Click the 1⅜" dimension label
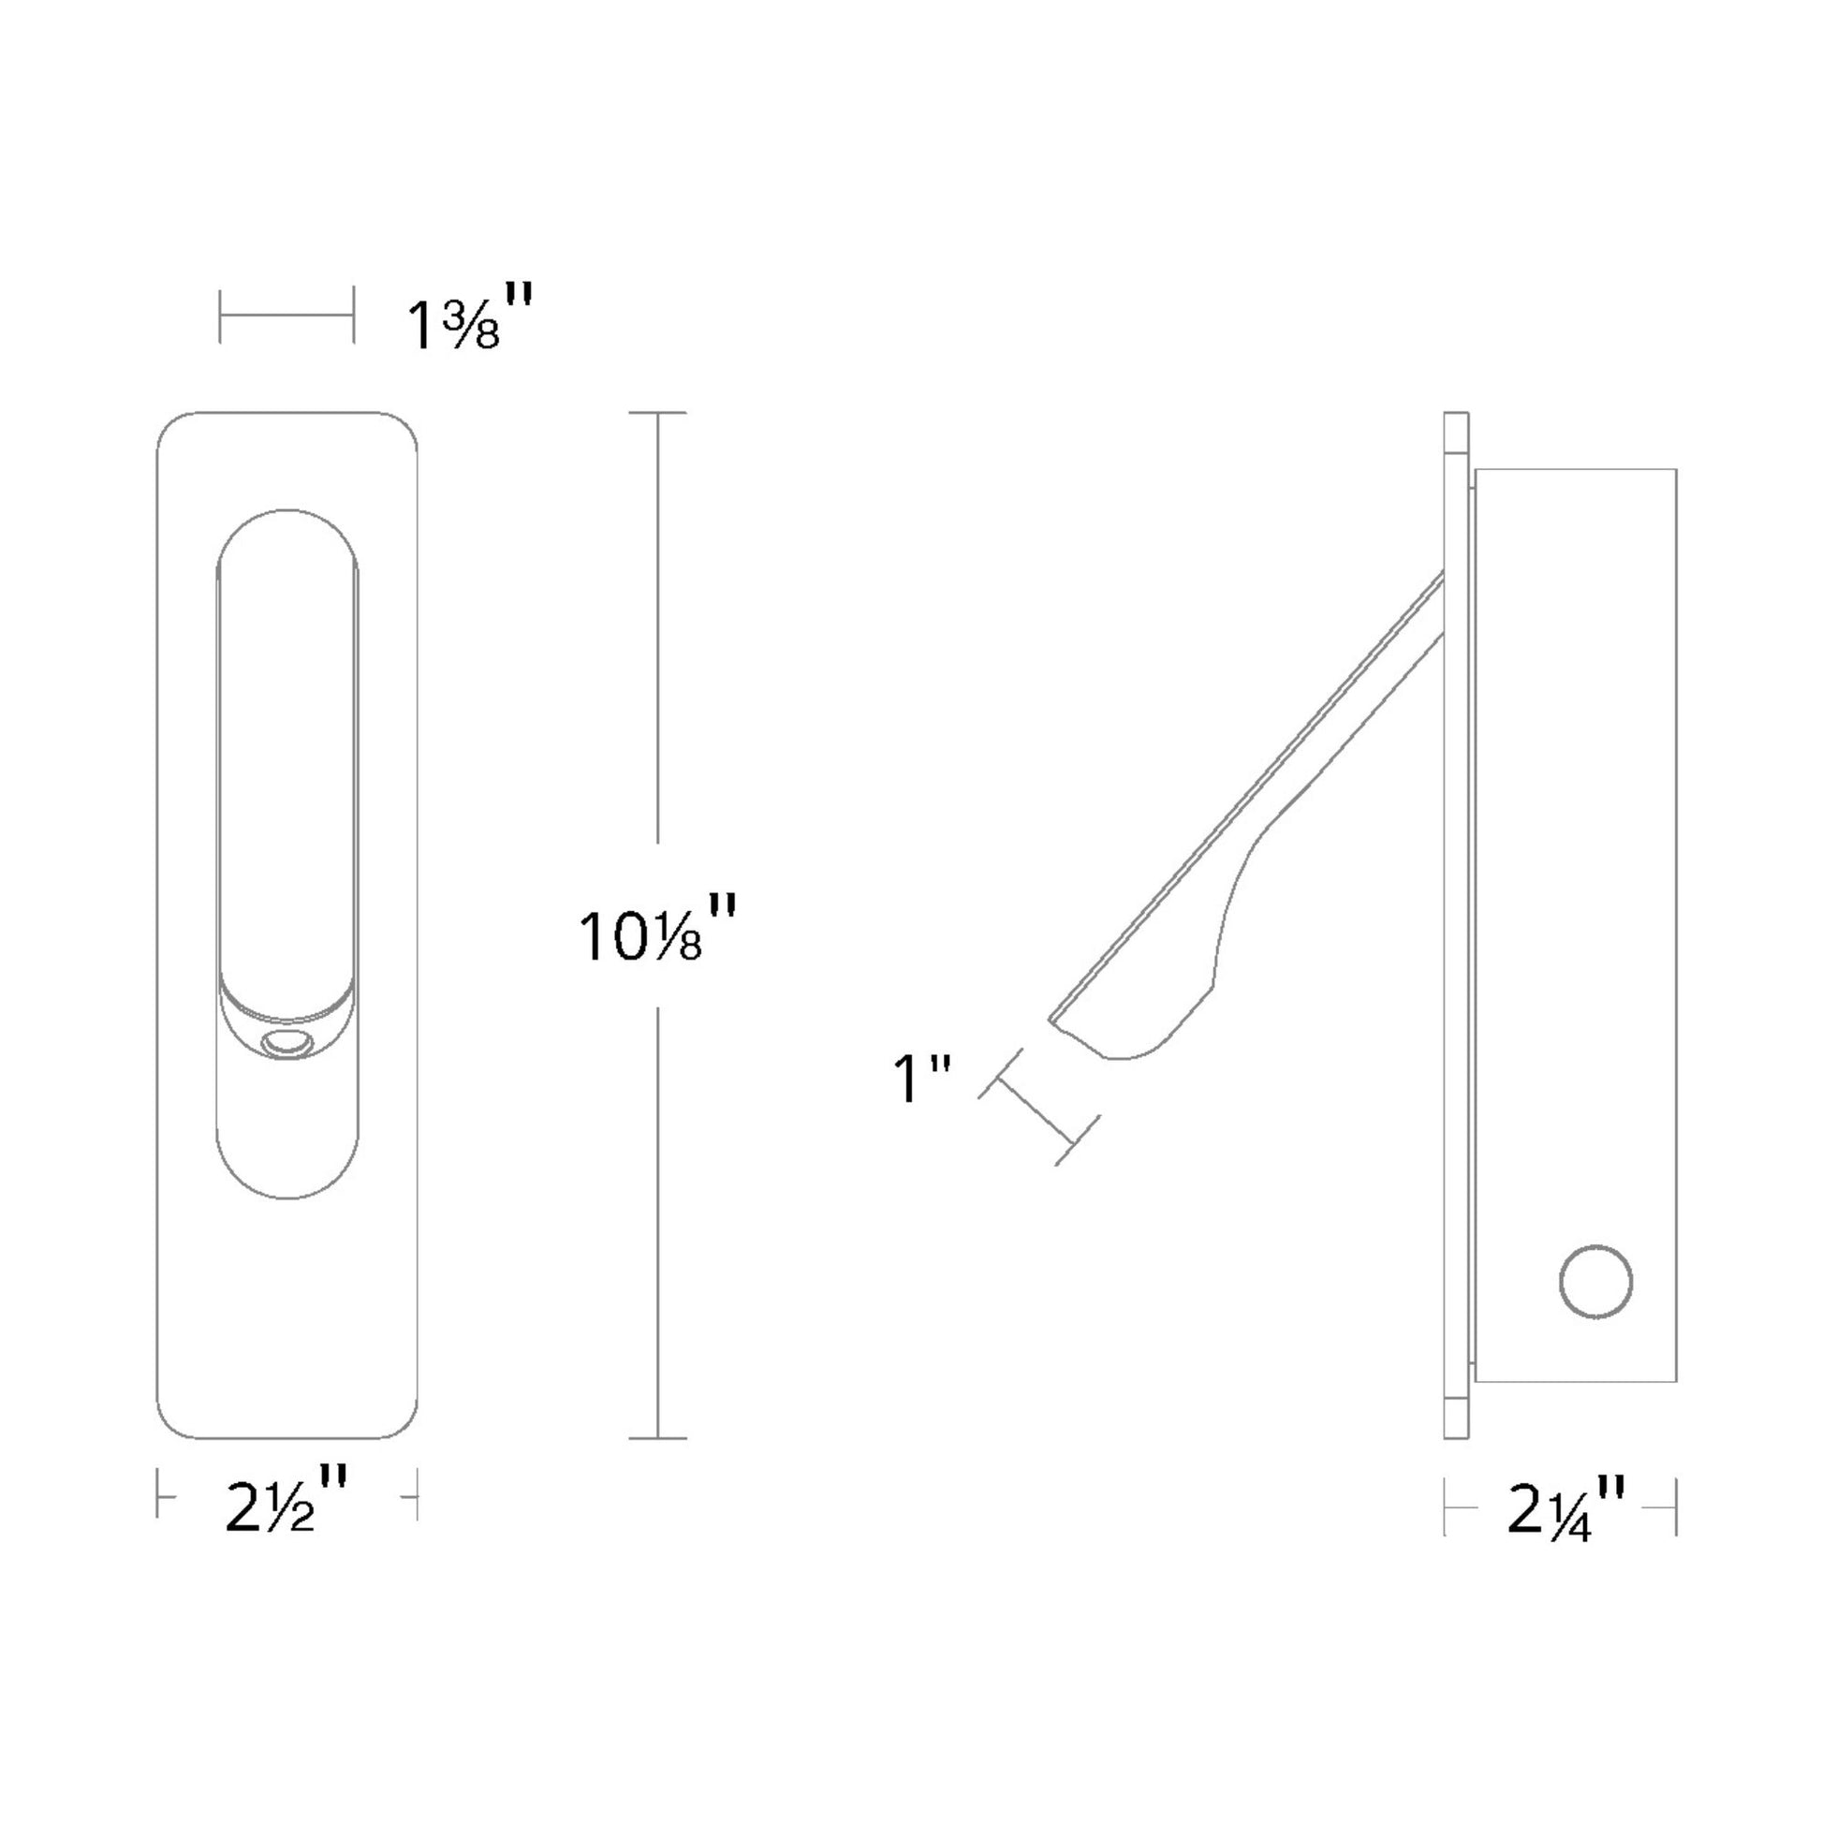pos(469,319)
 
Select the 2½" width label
pos(287,1499)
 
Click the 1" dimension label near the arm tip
pos(920,1079)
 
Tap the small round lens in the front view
pos(287,1045)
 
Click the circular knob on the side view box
pos(1595,1282)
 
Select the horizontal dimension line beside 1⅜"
pos(287,315)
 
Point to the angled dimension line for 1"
pos(1038,1109)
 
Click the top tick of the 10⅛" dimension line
pos(657,413)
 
